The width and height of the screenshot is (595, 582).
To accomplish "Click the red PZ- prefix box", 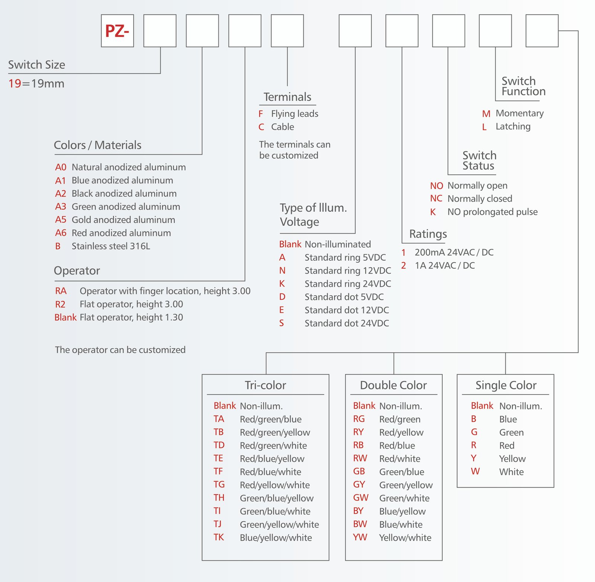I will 117,31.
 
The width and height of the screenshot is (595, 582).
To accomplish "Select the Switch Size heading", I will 36,65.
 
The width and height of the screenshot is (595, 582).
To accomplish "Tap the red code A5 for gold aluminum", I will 61,220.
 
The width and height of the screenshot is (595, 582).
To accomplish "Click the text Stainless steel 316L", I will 111,246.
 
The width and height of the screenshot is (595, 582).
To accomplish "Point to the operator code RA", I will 61,291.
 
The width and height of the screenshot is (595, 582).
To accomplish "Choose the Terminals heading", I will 287,97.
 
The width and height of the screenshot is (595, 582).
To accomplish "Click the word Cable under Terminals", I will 283,127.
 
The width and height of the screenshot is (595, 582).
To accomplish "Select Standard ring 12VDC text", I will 348,271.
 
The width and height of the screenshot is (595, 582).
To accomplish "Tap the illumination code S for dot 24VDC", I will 282,323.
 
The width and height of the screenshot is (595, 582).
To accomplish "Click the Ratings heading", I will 428,234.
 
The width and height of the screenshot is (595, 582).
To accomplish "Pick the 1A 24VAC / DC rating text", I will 445,266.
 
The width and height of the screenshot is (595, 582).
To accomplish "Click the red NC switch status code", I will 436,199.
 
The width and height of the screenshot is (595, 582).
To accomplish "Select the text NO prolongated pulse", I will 492,212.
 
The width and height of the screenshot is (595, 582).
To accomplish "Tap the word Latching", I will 513,126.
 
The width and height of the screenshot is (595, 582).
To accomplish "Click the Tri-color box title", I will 265,385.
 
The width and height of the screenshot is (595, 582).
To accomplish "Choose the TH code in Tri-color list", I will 219,498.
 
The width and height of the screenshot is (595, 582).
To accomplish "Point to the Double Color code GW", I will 361,498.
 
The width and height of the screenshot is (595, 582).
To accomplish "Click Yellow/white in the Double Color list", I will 405,537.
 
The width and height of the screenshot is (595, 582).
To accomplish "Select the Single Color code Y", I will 473,458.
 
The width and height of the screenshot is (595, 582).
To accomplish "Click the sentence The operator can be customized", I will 120,350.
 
